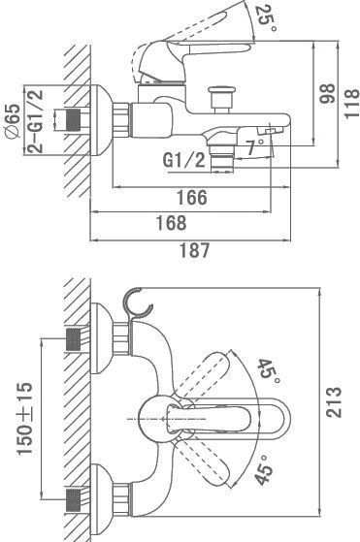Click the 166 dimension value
(192, 198)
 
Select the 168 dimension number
(172, 223)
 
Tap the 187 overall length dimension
(194, 250)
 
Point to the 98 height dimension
(327, 93)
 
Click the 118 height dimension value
(351, 104)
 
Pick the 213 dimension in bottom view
(334, 402)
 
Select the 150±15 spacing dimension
(25, 418)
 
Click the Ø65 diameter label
(13, 121)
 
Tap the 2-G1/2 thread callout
(36, 121)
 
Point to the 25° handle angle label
(266, 18)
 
